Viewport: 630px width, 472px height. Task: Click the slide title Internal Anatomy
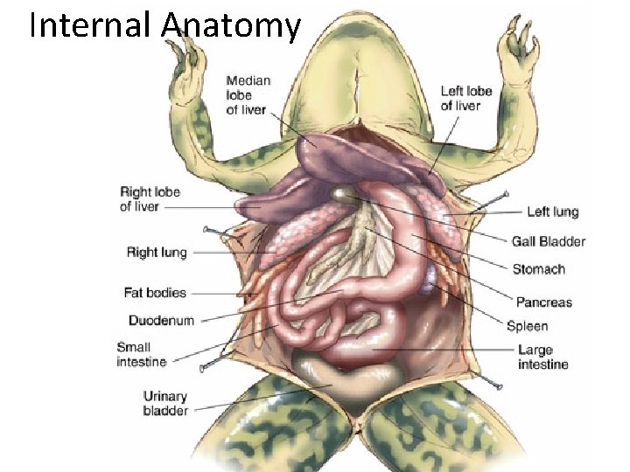click(164, 25)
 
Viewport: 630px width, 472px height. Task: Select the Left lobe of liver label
click(465, 98)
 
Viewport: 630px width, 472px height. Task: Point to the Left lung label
click(552, 212)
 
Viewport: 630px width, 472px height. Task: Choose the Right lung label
click(157, 253)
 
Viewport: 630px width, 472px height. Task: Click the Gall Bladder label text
click(549, 241)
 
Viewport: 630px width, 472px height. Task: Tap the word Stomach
click(538, 269)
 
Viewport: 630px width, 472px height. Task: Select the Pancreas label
click(543, 302)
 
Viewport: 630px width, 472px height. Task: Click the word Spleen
click(528, 326)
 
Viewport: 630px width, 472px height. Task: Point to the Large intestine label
click(542, 357)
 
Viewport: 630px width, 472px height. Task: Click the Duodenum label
click(161, 320)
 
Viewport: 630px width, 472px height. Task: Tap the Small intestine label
click(141, 354)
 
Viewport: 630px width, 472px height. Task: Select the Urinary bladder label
click(164, 404)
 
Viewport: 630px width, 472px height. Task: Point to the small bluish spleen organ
click(431, 281)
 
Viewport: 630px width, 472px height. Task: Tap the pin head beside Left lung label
click(505, 194)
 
